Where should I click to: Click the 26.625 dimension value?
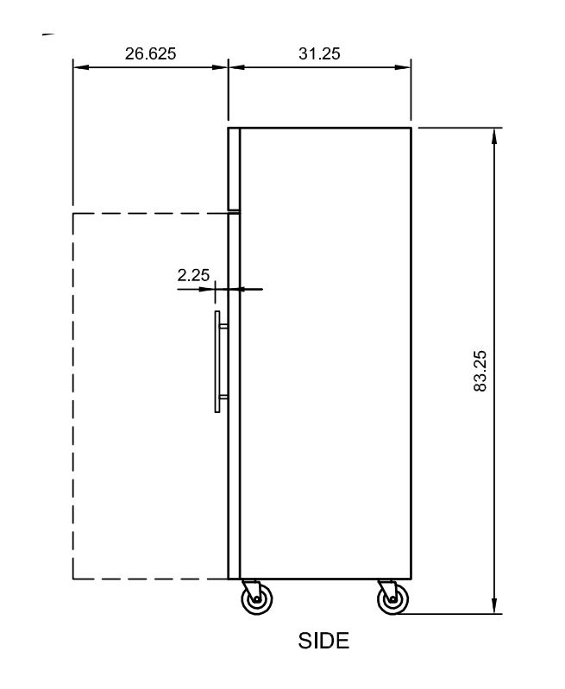[150, 53]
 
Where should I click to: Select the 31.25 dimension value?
[319, 53]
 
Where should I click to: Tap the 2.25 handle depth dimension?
[193, 276]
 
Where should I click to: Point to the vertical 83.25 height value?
[481, 371]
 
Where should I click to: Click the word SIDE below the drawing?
[323, 641]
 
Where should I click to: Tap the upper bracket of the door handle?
[223, 327]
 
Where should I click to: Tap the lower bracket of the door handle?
[223, 397]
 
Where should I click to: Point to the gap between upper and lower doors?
[234, 210]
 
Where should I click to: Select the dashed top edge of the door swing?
[147, 213]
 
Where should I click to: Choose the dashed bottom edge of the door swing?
[147, 579]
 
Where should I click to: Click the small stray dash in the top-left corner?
[47, 34]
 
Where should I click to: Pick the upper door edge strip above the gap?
[233, 168]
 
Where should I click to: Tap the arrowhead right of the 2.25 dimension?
[244, 289]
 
